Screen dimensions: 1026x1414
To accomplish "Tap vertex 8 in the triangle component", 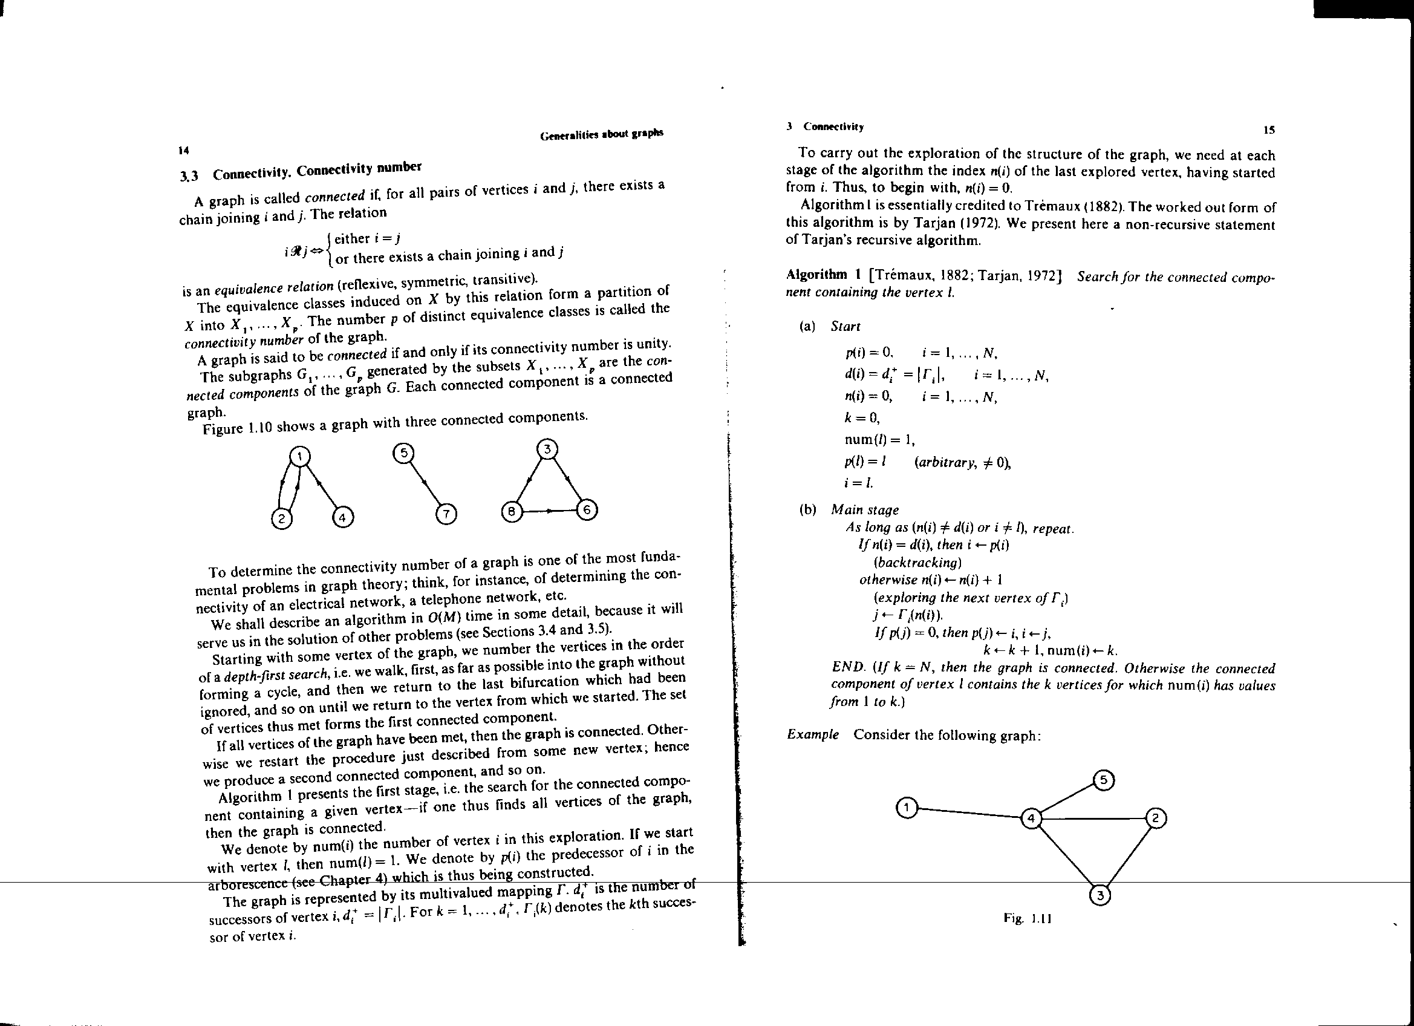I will [x=511, y=512].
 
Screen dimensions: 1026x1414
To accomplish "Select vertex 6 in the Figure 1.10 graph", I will [x=587, y=509].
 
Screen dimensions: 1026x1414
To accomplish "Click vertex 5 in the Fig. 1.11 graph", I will [x=1104, y=780].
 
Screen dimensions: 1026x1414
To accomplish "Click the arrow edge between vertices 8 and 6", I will [x=549, y=511].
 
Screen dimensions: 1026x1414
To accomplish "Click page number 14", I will [x=183, y=150].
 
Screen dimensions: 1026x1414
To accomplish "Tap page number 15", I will [x=1269, y=130].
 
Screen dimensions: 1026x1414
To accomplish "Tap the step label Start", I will [x=845, y=326].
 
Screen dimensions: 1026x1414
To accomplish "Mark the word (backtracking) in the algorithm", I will [x=914, y=563].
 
